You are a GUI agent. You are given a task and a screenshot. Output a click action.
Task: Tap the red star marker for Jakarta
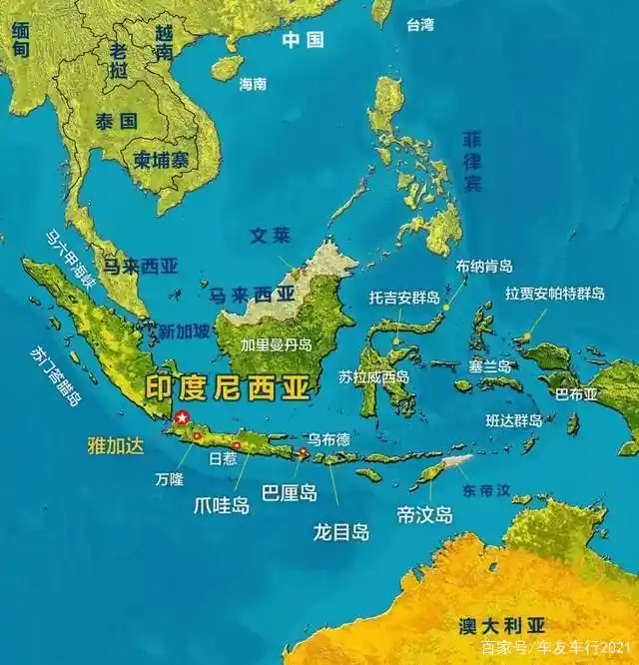182,417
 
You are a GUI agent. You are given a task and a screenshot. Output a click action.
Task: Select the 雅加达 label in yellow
117,445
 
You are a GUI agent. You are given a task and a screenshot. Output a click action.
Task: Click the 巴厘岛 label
289,493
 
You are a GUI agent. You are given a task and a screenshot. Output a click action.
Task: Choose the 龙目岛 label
340,532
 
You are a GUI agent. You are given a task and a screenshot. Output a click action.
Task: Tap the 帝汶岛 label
424,515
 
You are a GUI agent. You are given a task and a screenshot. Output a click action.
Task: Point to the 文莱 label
270,237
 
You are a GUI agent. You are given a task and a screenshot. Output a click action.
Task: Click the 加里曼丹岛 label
277,344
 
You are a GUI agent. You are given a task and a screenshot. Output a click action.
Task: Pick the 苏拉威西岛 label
373,376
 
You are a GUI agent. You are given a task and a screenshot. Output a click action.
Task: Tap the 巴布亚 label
576,393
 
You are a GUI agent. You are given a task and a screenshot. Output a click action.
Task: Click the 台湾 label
420,25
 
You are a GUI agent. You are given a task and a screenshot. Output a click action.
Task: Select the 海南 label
253,85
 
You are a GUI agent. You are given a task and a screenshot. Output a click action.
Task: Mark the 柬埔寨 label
162,159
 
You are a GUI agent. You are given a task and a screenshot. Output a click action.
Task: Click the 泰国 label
116,122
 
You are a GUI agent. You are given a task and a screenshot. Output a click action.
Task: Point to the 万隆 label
169,479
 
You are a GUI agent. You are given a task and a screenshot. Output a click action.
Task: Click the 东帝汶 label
486,491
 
